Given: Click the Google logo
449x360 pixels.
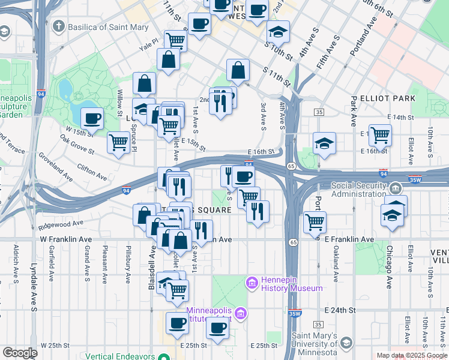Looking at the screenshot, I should click(x=20, y=353).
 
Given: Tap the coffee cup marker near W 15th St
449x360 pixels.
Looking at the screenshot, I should click(x=92, y=118).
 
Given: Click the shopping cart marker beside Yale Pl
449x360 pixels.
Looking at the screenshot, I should click(x=175, y=40).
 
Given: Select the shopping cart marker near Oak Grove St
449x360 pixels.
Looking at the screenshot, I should click(x=118, y=142).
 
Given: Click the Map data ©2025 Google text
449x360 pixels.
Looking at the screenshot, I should click(x=412, y=355).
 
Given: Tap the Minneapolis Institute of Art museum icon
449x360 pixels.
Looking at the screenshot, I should click(x=241, y=313).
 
